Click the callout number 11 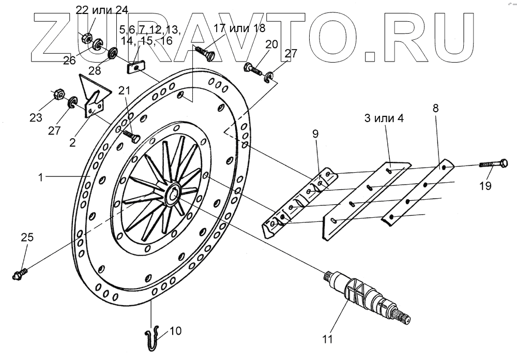click(x=326, y=339)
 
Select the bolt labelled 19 click(x=493, y=164)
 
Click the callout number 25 click(x=27, y=237)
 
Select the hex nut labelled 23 click(x=58, y=94)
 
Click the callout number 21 click(x=124, y=91)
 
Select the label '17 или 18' click(x=239, y=29)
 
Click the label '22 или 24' click(x=102, y=9)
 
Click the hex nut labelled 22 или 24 click(x=87, y=37)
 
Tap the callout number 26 click(x=69, y=61)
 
